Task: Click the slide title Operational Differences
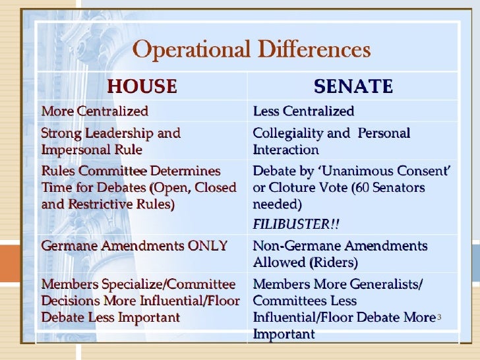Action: pyautogui.click(x=253, y=49)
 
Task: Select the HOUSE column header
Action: pyautogui.click(x=142, y=86)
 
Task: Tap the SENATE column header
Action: pyautogui.click(x=353, y=86)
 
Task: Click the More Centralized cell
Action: pyautogui.click(x=95, y=111)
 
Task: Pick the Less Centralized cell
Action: pyautogui.click(x=303, y=111)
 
